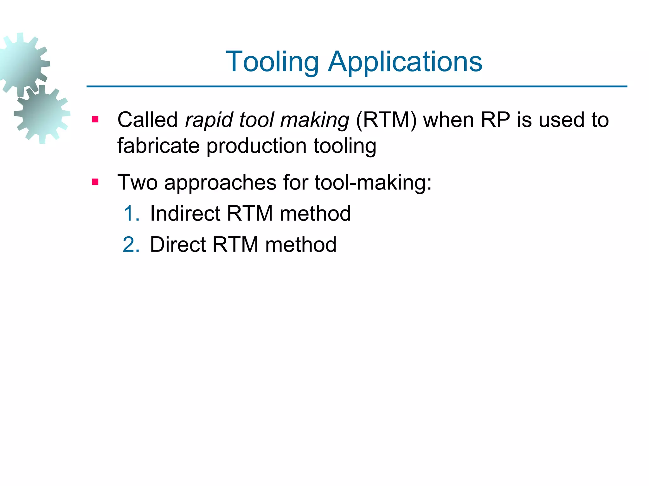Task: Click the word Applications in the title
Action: click(405, 62)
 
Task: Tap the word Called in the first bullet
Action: click(148, 120)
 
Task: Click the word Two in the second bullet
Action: click(137, 183)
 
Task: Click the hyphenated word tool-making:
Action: click(373, 183)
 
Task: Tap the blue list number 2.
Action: click(131, 245)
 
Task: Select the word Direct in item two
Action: click(178, 245)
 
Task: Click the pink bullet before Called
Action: click(95, 120)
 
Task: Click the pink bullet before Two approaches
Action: click(95, 182)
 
